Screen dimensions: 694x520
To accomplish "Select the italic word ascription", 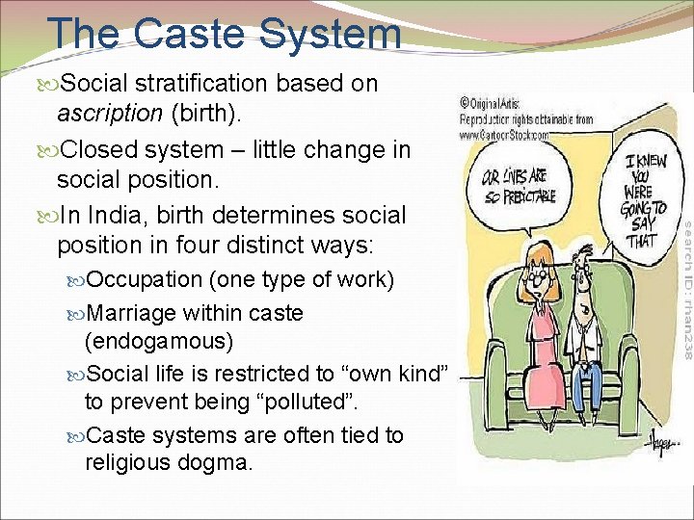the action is pos(109,113).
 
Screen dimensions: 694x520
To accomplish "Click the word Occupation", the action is pos(145,280).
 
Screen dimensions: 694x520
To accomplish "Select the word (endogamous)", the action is pos(159,341).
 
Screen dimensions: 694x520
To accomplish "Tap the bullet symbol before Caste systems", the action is pos(76,435).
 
